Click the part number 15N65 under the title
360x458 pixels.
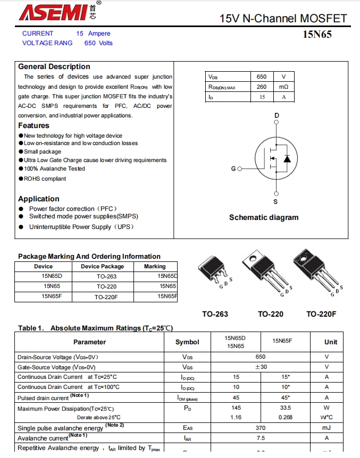click(317, 35)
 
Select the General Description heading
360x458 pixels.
click(54, 66)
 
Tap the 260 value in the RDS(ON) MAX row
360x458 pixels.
click(262, 87)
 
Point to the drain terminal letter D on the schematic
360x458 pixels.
click(277, 115)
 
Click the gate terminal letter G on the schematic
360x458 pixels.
click(233, 168)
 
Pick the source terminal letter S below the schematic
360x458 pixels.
click(275, 201)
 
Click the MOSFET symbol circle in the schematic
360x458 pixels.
click(275, 158)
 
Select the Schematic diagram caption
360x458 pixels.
click(264, 217)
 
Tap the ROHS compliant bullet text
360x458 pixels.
click(45, 179)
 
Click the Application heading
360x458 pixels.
click(39, 199)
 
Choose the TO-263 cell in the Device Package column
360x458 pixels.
click(106, 276)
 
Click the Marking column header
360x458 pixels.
click(155, 266)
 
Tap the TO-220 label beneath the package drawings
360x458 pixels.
click(271, 314)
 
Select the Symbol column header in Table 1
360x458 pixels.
click(187, 342)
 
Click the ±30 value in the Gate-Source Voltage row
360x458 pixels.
click(261, 367)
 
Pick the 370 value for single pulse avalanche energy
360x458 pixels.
click(261, 428)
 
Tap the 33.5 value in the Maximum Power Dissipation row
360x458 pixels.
click(286, 408)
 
